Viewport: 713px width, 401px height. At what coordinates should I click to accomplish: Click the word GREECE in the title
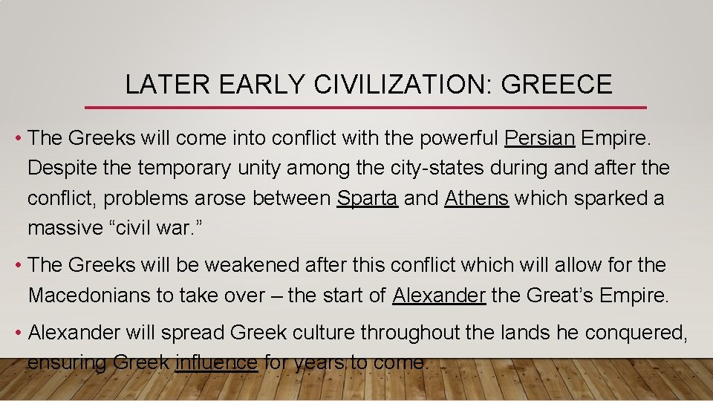(x=557, y=85)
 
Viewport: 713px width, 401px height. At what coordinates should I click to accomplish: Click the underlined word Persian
(x=540, y=138)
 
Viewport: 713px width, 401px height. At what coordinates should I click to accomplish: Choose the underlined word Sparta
(x=367, y=198)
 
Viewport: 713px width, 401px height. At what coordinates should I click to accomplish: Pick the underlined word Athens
(x=476, y=198)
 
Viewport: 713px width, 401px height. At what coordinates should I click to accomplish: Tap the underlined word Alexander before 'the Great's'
(x=439, y=296)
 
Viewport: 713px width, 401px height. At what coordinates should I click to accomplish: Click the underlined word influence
(x=216, y=363)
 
